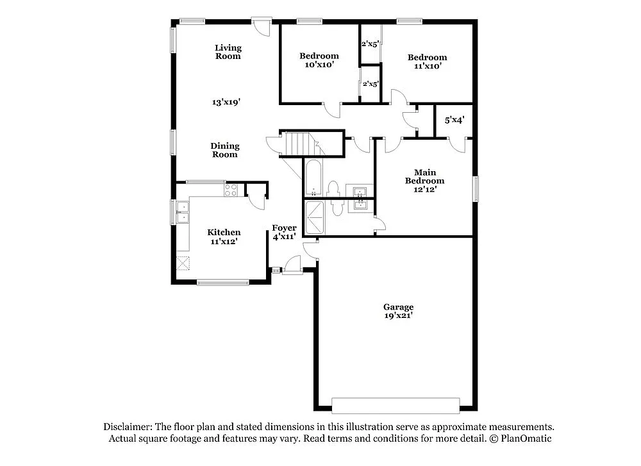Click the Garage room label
[x=398, y=307]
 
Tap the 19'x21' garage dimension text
[x=398, y=315]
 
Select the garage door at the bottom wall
[x=395, y=405]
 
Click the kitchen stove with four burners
[x=231, y=190]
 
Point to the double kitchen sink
[x=183, y=212]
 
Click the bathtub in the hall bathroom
[x=313, y=178]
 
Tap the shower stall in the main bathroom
[x=315, y=218]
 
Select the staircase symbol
[x=299, y=144]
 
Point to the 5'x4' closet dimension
[x=454, y=119]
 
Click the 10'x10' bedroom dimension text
[x=319, y=64]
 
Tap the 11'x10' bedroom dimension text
[x=428, y=65]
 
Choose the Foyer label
[x=284, y=228]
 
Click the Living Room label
[x=228, y=52]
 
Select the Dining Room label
[x=224, y=150]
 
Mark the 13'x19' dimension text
[x=226, y=102]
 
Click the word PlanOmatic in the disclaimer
[x=526, y=439]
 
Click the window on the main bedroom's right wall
[x=476, y=189]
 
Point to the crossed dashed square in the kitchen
[x=184, y=263]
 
